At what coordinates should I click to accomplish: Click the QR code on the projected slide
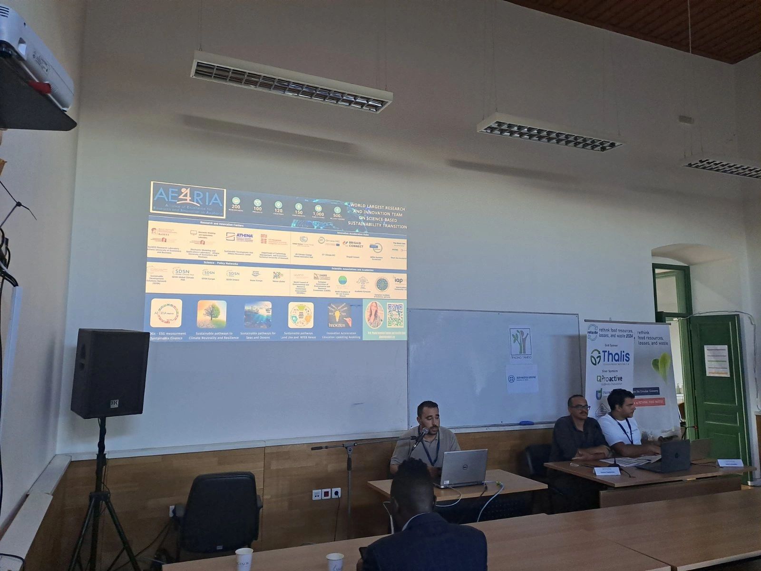pyautogui.click(x=395, y=315)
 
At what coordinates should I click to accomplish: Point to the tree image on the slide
pyautogui.click(x=212, y=315)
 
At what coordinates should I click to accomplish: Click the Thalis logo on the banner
pyautogui.click(x=610, y=357)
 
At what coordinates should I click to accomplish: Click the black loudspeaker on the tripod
pyautogui.click(x=109, y=374)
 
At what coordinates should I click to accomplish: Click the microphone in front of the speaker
pyautogui.click(x=420, y=436)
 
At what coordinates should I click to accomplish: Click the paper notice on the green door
pyautogui.click(x=716, y=360)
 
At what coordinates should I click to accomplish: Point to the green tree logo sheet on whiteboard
pyautogui.click(x=520, y=343)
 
